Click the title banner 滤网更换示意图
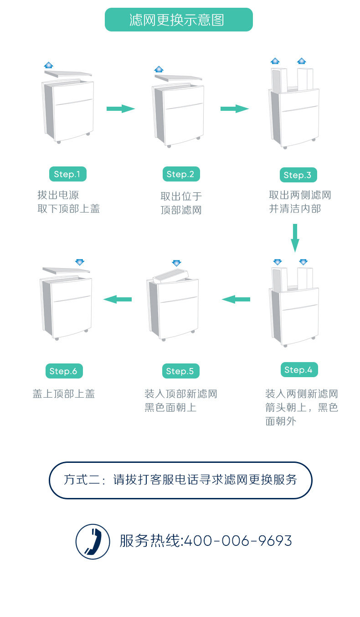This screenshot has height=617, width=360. [x=179, y=20]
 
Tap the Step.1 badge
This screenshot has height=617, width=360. [x=67, y=174]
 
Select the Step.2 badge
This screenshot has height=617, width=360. [x=180, y=174]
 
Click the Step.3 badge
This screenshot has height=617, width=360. [x=298, y=175]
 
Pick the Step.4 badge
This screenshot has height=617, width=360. [x=298, y=370]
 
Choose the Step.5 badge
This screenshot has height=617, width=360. [x=180, y=371]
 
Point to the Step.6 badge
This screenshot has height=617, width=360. [x=63, y=371]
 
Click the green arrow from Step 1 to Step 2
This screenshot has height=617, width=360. [x=121, y=109]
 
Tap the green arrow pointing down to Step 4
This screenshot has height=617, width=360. [x=295, y=238]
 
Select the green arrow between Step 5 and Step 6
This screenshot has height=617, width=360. [x=118, y=299]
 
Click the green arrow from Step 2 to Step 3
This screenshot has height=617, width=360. [x=235, y=109]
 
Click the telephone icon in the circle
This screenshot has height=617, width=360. [x=93, y=541]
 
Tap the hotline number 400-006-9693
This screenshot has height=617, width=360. [x=237, y=541]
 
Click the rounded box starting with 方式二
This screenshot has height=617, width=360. [x=180, y=480]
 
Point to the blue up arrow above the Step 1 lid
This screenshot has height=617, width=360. [x=49, y=65]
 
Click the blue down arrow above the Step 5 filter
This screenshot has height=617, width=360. [x=177, y=263]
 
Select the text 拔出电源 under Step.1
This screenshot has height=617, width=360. [x=58, y=195]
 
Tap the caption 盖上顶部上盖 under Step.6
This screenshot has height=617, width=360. [x=64, y=394]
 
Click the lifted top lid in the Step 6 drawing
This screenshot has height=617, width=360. [x=66, y=271]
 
